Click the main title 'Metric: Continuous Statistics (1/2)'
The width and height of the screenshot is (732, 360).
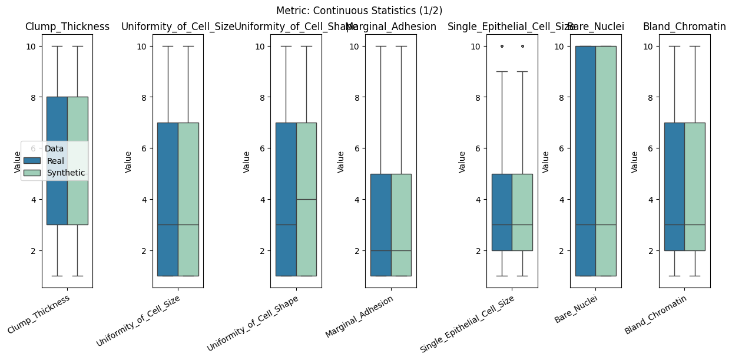click(359, 11)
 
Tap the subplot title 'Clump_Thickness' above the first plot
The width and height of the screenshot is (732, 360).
click(67, 27)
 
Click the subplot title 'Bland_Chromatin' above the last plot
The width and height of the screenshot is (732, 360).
click(684, 27)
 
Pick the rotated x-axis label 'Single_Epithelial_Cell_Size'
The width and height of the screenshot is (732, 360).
click(468, 323)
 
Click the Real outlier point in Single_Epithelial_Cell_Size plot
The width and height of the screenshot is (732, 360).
click(502, 46)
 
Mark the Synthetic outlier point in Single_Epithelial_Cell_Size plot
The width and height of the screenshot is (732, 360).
click(522, 46)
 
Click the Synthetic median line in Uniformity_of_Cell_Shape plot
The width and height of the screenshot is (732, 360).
click(306, 199)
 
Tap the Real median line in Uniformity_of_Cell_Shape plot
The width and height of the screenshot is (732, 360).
click(286, 224)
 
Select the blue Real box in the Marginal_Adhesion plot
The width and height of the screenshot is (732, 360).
click(380, 224)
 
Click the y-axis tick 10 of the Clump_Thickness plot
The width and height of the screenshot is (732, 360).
click(32, 46)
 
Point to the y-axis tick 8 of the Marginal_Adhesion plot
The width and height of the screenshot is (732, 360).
click(357, 97)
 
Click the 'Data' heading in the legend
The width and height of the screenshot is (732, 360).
click(54, 149)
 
